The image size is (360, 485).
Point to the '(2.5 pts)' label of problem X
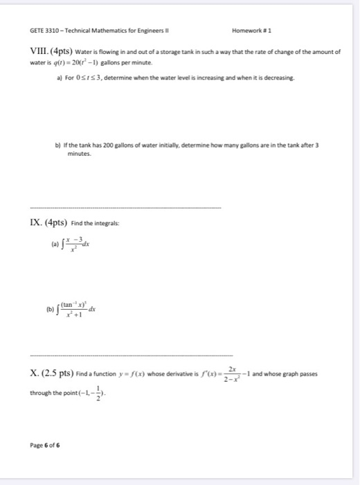tap(55, 373)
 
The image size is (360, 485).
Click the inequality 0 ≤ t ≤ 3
tap(92, 79)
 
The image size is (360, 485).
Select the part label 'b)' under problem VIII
tap(57, 146)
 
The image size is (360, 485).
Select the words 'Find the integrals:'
tap(89, 224)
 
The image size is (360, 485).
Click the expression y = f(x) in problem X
tap(143, 373)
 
